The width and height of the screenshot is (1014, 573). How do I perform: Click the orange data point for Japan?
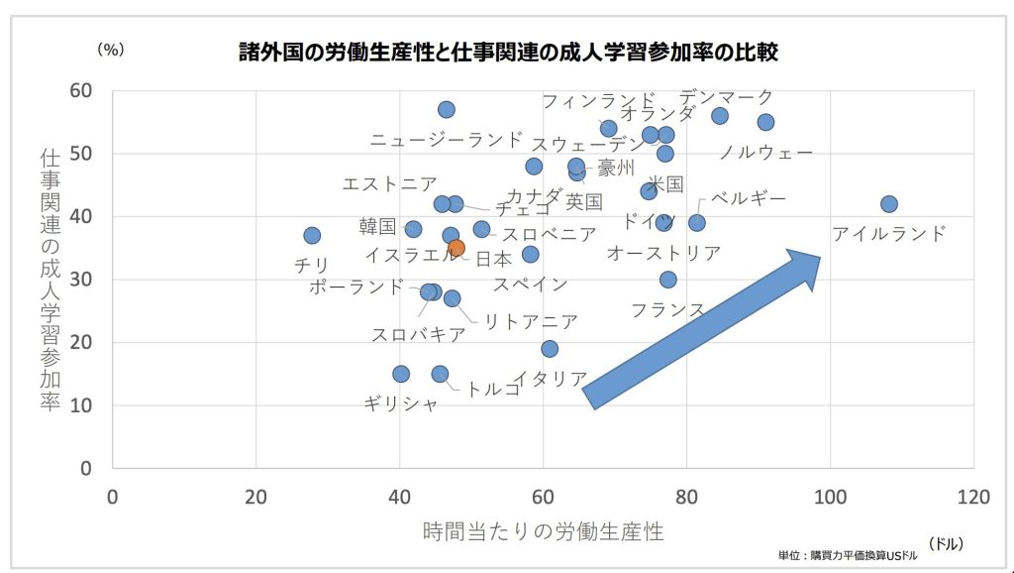point(456,248)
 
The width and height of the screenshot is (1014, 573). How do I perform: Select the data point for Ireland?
point(888,204)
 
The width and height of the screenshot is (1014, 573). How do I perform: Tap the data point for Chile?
point(312,235)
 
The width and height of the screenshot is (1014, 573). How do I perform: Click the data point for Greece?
point(401,374)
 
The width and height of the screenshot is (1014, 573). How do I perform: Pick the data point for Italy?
point(550,348)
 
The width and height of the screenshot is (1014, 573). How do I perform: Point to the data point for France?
point(668,280)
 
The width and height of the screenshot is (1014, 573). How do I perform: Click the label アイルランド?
point(888,234)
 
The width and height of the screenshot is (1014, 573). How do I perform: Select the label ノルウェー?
point(765,153)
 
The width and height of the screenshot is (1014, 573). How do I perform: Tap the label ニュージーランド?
point(446,140)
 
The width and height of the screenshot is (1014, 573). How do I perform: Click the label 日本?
point(494,260)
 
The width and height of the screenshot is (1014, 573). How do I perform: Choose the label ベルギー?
point(749,198)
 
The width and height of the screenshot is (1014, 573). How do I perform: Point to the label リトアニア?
point(530,321)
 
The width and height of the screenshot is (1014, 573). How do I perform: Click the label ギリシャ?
point(400,402)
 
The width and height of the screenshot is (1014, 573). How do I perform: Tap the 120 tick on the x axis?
point(972,497)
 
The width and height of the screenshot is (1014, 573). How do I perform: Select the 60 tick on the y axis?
point(80,91)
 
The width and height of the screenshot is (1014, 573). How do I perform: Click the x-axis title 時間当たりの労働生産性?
point(543,530)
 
